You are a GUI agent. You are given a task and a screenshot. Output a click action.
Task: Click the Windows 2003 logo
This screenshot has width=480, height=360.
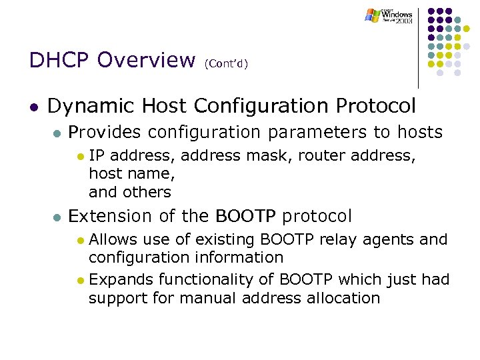pos(389,16)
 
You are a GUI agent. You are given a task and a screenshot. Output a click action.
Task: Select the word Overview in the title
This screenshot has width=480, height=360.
pos(145,60)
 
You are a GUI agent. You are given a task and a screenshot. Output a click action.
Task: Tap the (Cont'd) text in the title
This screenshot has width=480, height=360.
pos(226,63)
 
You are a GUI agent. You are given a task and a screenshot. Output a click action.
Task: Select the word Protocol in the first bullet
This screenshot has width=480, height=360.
pos(376,106)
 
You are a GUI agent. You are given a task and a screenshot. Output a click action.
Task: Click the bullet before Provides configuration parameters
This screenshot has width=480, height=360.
pos(57,133)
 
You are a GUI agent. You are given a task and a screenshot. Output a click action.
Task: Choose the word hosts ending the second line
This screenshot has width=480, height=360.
pos(420,133)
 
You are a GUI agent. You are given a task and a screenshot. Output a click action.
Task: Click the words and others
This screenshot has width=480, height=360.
pos(130,192)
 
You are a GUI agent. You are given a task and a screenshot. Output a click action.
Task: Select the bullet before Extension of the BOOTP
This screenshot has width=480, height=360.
pos(57,217)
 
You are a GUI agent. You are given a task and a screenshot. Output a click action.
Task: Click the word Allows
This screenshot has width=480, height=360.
pos(113,240)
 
